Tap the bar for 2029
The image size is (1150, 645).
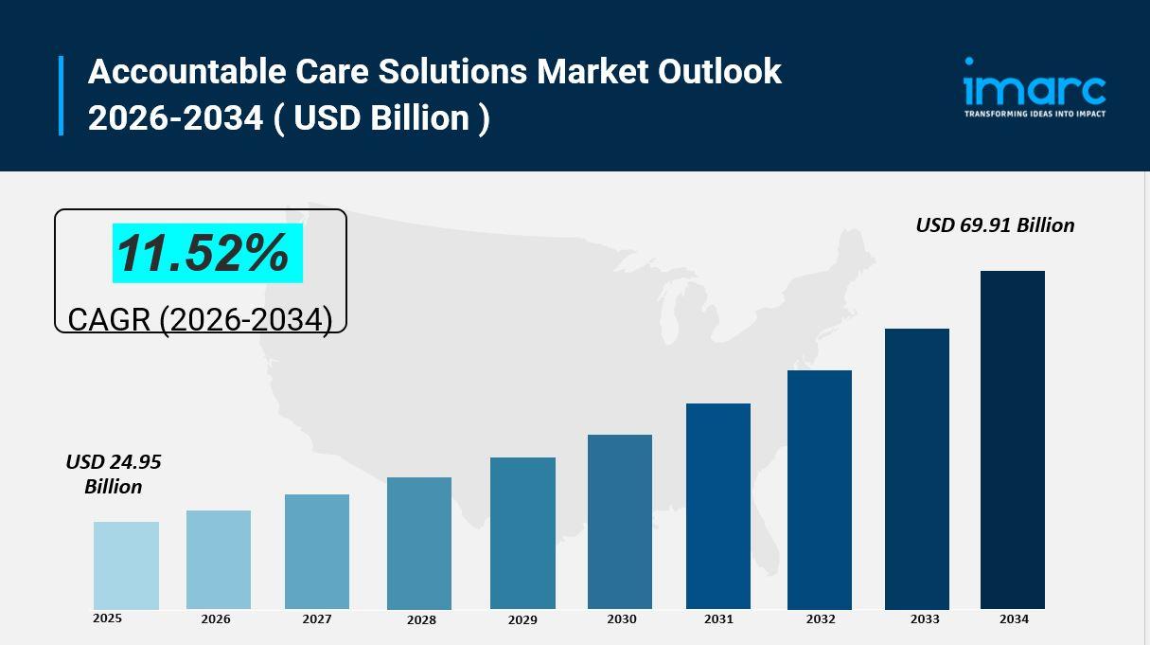click(522, 532)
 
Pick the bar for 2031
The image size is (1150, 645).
click(718, 506)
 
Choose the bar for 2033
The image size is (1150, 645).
click(917, 468)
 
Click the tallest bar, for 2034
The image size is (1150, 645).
click(1013, 439)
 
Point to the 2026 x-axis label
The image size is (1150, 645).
click(216, 619)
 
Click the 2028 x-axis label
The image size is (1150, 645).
click(421, 620)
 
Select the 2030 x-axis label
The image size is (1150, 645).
click(621, 619)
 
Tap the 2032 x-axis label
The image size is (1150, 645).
click(821, 619)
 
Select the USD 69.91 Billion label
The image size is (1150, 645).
click(995, 225)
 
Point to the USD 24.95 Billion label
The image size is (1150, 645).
click(114, 474)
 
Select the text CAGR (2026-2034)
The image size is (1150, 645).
click(200, 319)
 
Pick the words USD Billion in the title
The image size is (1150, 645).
click(381, 118)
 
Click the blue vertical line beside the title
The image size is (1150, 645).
click(62, 95)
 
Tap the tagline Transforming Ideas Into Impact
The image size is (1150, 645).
click(1035, 114)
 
